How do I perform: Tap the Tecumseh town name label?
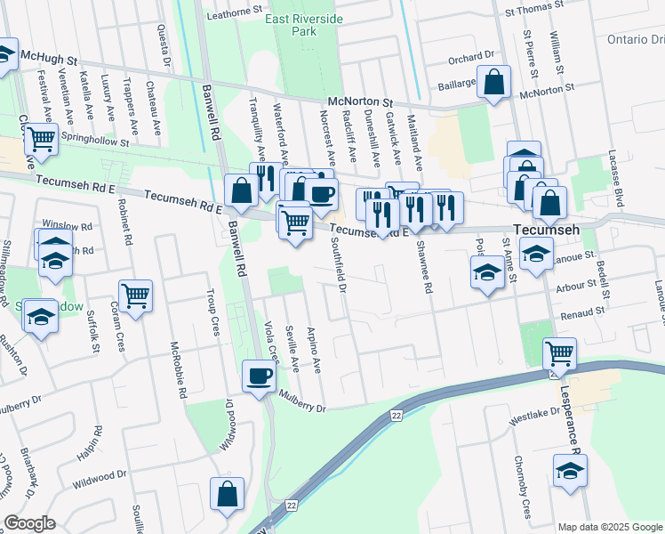(544, 229)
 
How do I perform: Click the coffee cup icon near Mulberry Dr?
(259, 376)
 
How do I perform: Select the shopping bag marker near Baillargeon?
(494, 83)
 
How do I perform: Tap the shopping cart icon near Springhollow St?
(41, 140)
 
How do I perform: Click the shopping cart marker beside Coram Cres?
(135, 295)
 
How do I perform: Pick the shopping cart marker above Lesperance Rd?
(559, 353)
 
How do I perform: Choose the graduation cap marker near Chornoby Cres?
(570, 471)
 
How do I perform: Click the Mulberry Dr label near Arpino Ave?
(302, 401)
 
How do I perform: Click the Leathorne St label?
(236, 14)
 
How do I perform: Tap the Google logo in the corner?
(29, 523)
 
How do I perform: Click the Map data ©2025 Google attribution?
(610, 527)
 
